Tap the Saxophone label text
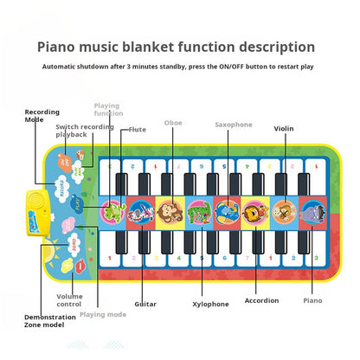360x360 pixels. [233, 125]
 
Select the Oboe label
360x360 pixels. [173, 124]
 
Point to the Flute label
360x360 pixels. [137, 130]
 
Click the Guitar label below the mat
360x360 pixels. [145, 303]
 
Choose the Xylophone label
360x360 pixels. [210, 304]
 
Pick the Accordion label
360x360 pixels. [261, 300]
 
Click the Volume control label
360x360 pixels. [69, 301]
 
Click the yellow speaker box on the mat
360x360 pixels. [35, 208]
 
